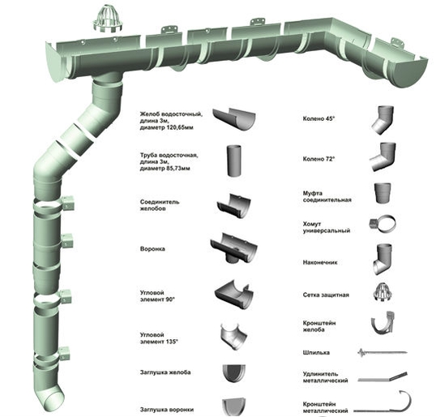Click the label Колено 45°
pos(318,118)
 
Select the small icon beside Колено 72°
pos(383,157)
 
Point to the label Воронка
pos(152,249)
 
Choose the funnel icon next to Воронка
pos(234,248)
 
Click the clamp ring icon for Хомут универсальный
pos(383,223)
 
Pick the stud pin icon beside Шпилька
pos(382,353)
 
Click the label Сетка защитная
pos(326,294)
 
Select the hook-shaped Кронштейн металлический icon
pos(383,402)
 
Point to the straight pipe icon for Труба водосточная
pos(234,161)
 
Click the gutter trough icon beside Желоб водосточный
pos(234,119)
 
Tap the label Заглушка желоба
pos(165,372)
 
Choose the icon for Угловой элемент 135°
pos(233,337)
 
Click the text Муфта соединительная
pos(327,196)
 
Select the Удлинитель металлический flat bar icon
pos(383,376)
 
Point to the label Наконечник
pos(320,262)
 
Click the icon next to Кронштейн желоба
pos(383,323)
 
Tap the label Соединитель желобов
pos(160,205)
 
